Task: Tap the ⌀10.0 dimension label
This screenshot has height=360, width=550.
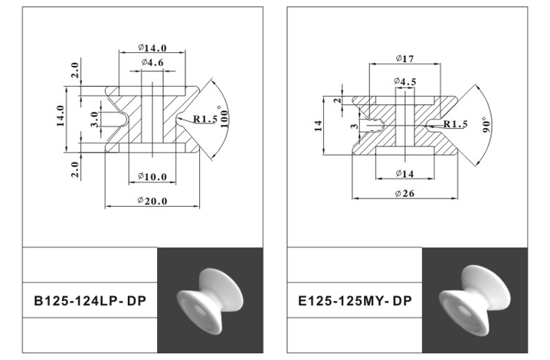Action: pyautogui.click(x=152, y=177)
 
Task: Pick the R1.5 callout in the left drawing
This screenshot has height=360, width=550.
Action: pyautogui.click(x=205, y=119)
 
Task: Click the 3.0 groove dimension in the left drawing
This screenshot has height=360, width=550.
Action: pyautogui.click(x=94, y=119)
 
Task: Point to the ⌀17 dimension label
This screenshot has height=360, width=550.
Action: pyautogui.click(x=405, y=59)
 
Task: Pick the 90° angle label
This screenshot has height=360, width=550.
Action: pyautogui.click(x=486, y=125)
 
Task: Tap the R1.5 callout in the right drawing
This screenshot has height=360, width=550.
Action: pyautogui.click(x=455, y=124)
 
